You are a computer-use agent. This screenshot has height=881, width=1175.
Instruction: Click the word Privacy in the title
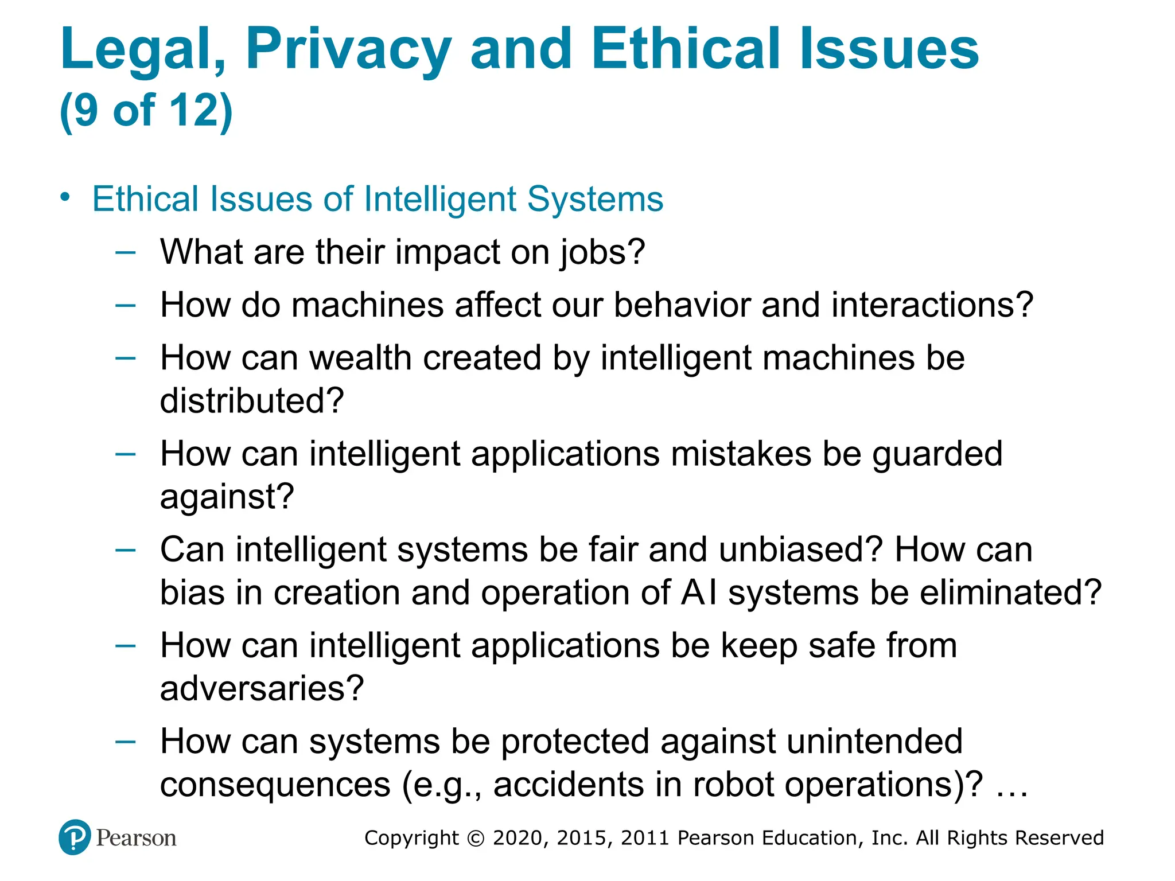pos(348,50)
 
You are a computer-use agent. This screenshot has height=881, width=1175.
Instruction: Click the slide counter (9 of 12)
pos(146,110)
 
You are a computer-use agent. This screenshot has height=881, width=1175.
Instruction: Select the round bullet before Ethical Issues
pos(65,197)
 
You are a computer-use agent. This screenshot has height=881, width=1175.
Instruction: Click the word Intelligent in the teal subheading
pos(440,199)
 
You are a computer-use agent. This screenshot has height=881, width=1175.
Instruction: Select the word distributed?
pos(252,400)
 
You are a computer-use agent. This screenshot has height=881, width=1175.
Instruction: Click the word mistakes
pos(741,454)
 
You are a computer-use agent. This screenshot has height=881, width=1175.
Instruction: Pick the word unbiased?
pos(800,549)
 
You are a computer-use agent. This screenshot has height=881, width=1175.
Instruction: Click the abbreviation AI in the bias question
pos(699,592)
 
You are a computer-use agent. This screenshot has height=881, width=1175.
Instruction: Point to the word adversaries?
pos(262,688)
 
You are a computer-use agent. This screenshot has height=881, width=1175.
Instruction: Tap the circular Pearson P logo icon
pos(75,837)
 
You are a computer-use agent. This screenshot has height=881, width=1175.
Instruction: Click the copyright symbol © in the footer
pos(476,839)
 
